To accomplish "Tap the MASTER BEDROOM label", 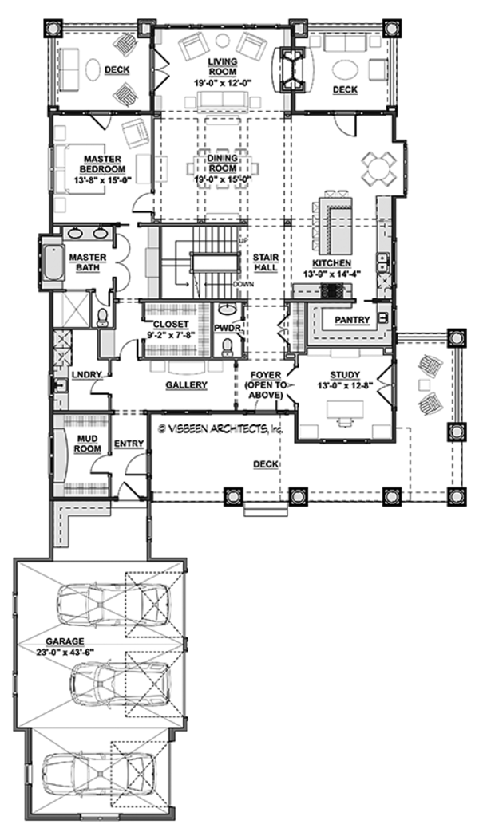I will coord(104,164).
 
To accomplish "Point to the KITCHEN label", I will coord(335,262).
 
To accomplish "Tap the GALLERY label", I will coord(187,385).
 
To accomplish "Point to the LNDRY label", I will coord(83,374).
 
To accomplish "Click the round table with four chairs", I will coord(375,168).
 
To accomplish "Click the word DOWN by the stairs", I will coord(244,283).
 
